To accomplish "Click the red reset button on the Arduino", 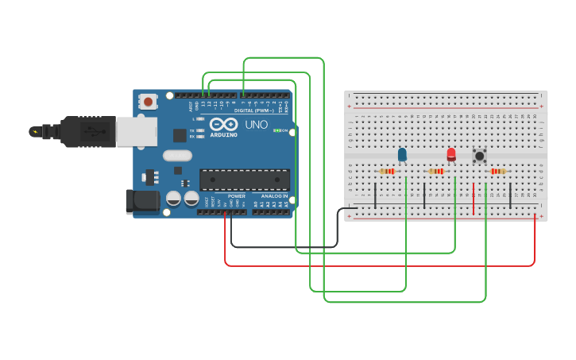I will pos(149,101).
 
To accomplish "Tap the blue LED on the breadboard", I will pos(402,154).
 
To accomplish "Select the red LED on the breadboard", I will pos(451,154).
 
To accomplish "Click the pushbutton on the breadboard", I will pos(480,156).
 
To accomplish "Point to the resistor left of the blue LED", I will pos(388,171).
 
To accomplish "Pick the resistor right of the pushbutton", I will pos(498,171).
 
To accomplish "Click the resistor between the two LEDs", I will pos(436,171).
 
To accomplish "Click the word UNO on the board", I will pos(256,126).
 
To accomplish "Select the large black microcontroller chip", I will pos(244,180).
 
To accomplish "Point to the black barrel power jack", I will pos(143,201).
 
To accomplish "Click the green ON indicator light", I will pos(276,130).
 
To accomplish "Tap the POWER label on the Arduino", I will pos(237,196).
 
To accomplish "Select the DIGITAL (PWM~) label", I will pos(255,110).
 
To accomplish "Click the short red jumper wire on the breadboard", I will pos(474,198).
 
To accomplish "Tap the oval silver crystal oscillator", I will pos(178,156).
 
